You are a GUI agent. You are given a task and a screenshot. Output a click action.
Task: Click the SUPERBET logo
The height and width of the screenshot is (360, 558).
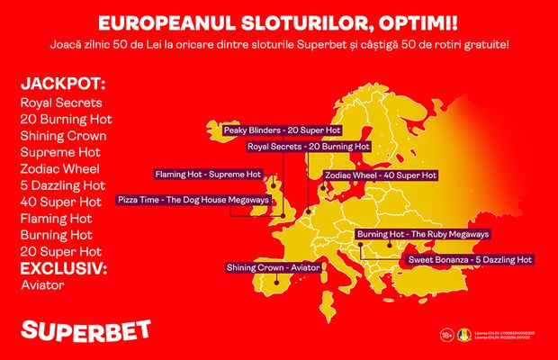point(85,329)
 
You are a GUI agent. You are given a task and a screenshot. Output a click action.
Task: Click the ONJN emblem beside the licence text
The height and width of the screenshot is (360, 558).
point(463,335)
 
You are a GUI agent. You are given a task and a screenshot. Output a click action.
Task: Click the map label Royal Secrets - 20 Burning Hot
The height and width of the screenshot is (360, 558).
point(308,145)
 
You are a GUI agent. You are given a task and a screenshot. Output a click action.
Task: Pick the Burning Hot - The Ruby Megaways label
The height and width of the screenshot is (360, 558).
point(423,234)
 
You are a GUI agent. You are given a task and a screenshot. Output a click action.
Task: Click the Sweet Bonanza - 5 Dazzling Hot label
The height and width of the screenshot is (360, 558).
point(470,259)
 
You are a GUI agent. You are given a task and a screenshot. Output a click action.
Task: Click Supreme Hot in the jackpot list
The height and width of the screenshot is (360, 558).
point(58,151)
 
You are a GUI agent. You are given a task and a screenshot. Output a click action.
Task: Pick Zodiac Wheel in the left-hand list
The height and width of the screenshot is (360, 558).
point(58,168)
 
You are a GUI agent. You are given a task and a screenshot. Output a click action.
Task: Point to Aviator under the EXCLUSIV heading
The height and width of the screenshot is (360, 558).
point(41,284)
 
